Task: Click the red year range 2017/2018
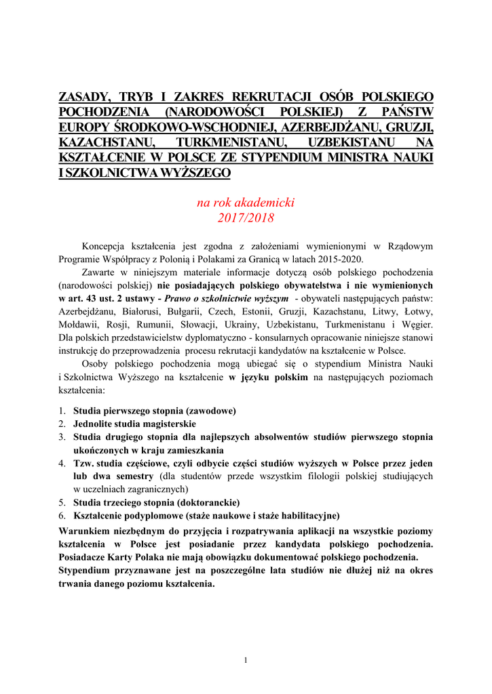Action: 246,218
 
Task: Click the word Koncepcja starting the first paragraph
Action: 105,246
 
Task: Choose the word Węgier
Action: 418,325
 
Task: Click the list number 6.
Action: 61,515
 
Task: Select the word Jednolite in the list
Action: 95,424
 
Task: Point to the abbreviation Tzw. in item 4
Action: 83,463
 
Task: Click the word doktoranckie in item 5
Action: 207,502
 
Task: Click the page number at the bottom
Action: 246,660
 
